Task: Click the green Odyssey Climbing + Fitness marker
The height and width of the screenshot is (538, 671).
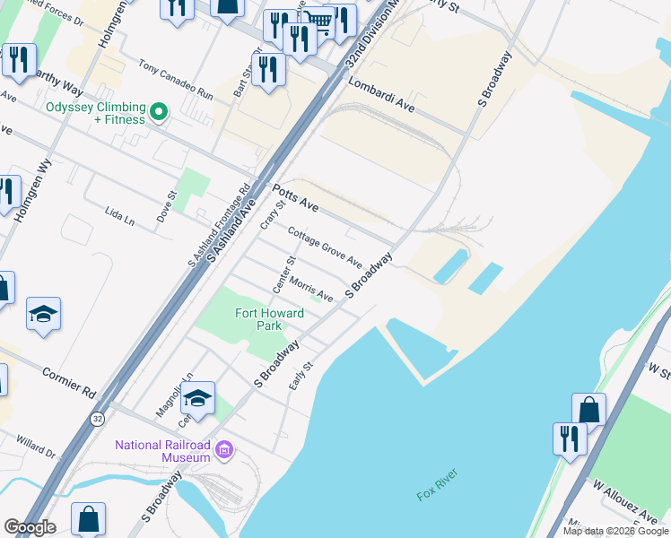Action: click(x=159, y=112)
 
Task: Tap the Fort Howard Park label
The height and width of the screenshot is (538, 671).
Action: click(x=269, y=319)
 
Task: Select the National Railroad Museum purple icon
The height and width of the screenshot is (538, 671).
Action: click(x=224, y=447)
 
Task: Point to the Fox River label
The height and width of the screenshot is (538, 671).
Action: click(x=437, y=493)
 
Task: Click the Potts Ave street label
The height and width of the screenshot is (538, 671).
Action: click(x=295, y=199)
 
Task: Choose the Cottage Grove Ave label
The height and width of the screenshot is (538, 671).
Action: click(x=324, y=247)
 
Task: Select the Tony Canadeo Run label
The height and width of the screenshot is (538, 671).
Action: click(x=175, y=80)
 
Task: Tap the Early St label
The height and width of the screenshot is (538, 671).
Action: click(x=300, y=375)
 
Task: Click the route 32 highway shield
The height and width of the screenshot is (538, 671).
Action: click(x=96, y=419)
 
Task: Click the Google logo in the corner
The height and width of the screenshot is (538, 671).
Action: click(x=30, y=526)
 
